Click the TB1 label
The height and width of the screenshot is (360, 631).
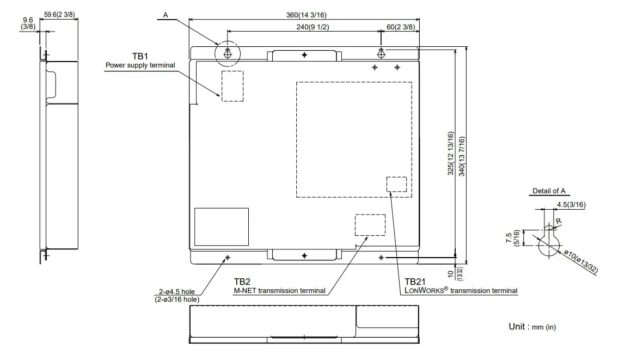click(x=140, y=56)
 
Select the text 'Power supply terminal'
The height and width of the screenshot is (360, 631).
click(x=140, y=65)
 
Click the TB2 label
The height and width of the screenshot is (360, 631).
click(x=242, y=282)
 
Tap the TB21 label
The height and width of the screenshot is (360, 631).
click(x=415, y=282)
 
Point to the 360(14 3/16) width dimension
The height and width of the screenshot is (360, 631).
click(x=303, y=15)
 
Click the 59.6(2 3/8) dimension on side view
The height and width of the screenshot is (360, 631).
click(x=59, y=15)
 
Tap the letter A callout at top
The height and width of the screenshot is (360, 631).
click(x=166, y=15)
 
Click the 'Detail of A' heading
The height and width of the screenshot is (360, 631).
click(x=548, y=191)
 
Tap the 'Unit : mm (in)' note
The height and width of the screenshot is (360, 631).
click(x=532, y=326)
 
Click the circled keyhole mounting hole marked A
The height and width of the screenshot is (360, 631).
click(x=228, y=53)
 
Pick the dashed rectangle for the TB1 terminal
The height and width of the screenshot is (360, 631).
click(x=232, y=86)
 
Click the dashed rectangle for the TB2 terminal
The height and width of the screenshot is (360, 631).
click(x=370, y=225)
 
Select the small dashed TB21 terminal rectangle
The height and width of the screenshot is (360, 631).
click(x=396, y=184)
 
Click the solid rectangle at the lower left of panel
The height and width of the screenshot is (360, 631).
click(x=221, y=227)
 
